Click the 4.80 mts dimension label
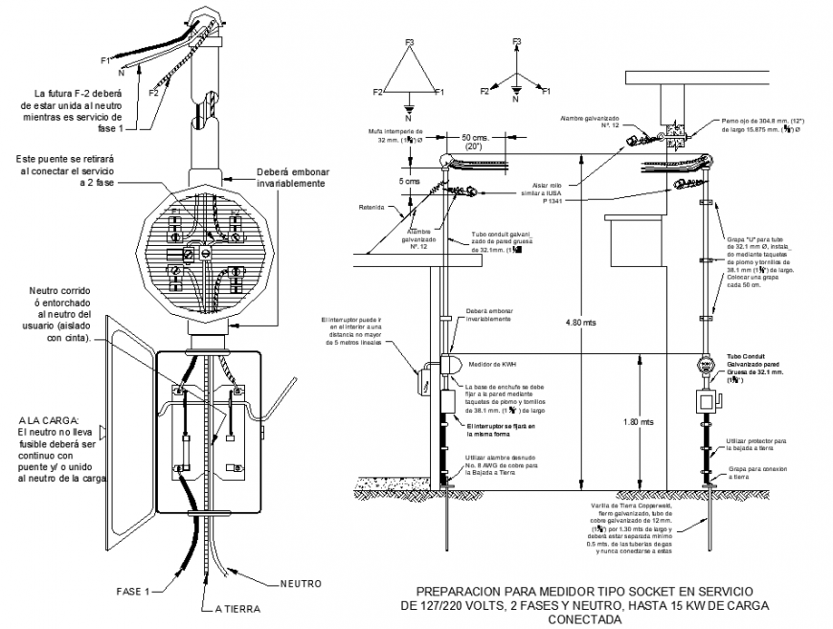coord(580,323)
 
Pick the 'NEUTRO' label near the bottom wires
coord(300,583)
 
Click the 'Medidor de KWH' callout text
coord(493,364)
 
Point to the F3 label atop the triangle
coord(410,42)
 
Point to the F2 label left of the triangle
coord(379,92)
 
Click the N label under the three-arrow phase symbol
coord(515,101)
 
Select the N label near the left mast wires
coord(122,72)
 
